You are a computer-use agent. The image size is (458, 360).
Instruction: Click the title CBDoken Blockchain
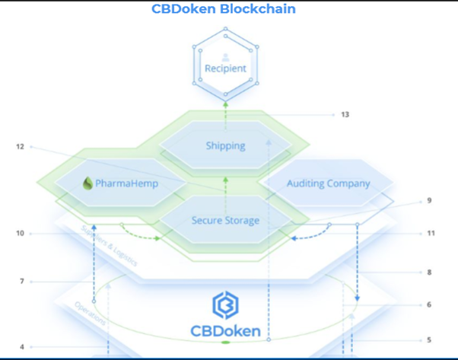coord(229,9)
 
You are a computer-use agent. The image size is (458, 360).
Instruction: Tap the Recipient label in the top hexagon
coord(225,68)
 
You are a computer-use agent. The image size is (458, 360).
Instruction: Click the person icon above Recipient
coord(225,57)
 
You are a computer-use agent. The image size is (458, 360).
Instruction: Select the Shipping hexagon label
coord(224,145)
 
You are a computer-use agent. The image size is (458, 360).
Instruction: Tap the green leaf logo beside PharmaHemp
coord(88,183)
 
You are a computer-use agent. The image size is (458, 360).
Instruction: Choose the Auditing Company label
coord(328,183)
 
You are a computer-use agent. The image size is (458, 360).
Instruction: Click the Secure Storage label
coord(225,221)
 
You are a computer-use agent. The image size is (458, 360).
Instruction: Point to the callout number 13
coord(345,115)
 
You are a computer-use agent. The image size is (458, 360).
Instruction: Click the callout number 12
coord(21,146)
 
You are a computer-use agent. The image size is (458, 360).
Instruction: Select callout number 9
coord(429,201)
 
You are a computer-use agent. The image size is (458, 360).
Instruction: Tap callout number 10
coord(21,233)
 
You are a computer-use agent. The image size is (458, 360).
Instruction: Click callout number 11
coord(431,233)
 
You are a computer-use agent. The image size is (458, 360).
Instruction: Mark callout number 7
coord(21,282)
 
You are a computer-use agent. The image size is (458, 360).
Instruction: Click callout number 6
coord(429,304)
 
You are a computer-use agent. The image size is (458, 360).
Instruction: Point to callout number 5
coord(429,339)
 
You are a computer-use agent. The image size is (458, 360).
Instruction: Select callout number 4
coord(21,347)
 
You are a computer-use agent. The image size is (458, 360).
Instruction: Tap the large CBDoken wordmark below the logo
coord(225,332)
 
